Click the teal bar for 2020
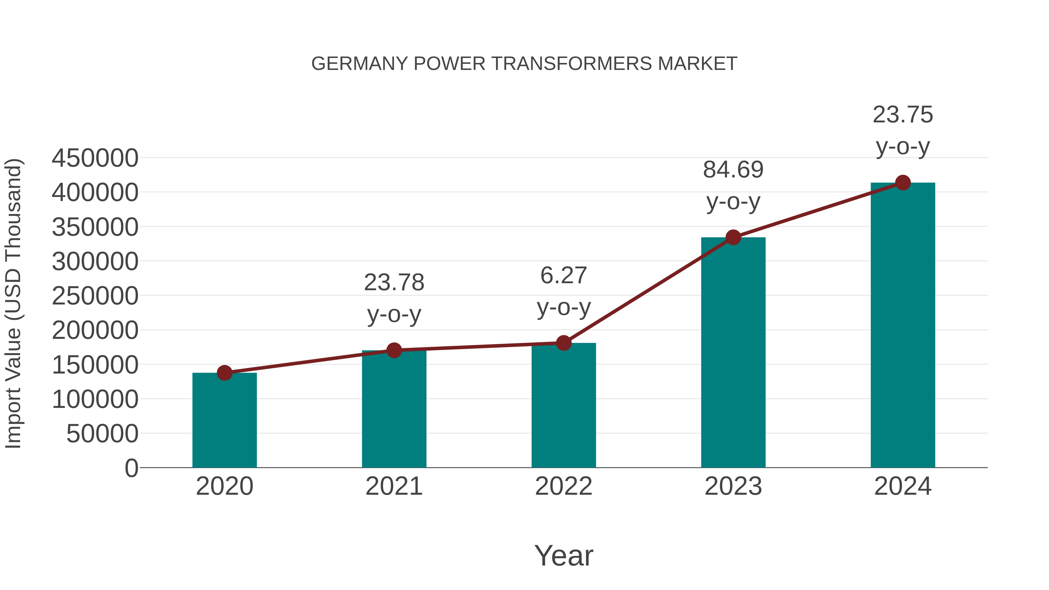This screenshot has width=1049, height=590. click(x=224, y=421)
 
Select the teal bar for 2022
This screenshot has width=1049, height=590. click(x=564, y=407)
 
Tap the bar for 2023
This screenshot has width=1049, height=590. click(x=733, y=354)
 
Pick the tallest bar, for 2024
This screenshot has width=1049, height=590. click(x=903, y=326)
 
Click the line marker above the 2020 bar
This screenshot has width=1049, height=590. click(x=224, y=373)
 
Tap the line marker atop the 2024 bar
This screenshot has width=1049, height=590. click(x=903, y=183)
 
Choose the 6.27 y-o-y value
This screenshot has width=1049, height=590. click(x=564, y=275)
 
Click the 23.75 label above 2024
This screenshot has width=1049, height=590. click(x=903, y=115)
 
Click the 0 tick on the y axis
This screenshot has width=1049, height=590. click(x=131, y=468)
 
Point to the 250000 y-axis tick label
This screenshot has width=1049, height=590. click(x=95, y=296)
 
